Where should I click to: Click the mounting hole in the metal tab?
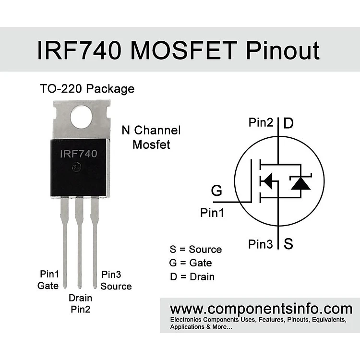pyautogui.click(x=81, y=117)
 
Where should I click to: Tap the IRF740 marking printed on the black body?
pyautogui.click(x=79, y=154)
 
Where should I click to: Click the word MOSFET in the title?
pyautogui.click(x=184, y=50)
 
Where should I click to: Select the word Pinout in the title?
pyautogui.click(x=283, y=50)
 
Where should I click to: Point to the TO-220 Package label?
pyautogui.click(x=87, y=89)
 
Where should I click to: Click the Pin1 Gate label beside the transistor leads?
pyautogui.click(x=48, y=280)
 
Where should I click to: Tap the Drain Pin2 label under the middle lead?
pyautogui.click(x=80, y=303)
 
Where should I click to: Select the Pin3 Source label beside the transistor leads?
pyautogui.click(x=116, y=280)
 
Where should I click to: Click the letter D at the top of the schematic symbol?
pyautogui.click(x=288, y=123)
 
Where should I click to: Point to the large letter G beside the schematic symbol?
pyautogui.click(x=216, y=191)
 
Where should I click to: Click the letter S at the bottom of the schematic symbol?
pyautogui.click(x=288, y=243)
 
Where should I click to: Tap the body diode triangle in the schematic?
pyautogui.click(x=300, y=183)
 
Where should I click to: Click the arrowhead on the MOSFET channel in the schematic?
pyautogui.click(x=267, y=181)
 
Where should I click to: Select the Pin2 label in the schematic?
pyautogui.click(x=261, y=122)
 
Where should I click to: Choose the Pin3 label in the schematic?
pyautogui.click(x=261, y=244)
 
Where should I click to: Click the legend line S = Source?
pyautogui.click(x=196, y=249)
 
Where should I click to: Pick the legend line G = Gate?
pyautogui.click(x=191, y=263)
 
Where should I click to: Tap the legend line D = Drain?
pyautogui.click(x=192, y=276)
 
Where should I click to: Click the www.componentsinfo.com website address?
pyautogui.click(x=261, y=309)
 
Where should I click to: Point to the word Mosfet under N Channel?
pyautogui.click(x=151, y=144)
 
